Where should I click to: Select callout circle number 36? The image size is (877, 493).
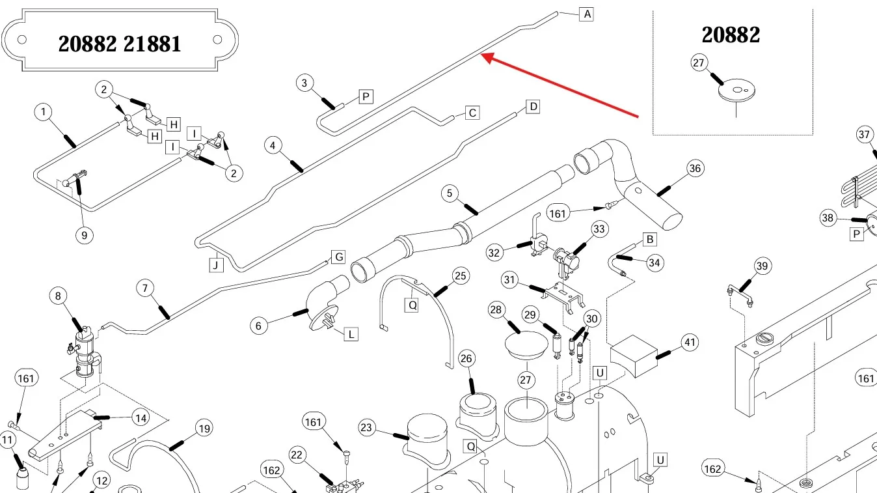click(695, 168)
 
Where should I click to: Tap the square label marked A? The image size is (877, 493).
click(587, 14)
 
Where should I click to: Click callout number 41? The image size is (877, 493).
click(689, 343)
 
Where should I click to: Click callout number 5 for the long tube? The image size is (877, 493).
click(450, 193)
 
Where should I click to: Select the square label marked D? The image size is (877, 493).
click(533, 106)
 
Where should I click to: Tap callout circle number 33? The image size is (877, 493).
click(599, 229)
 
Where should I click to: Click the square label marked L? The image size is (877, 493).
click(351, 334)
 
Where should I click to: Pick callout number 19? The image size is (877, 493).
click(204, 429)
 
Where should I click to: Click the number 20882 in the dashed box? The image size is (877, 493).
click(731, 35)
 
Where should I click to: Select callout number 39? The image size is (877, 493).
click(762, 266)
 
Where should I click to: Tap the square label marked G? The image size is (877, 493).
click(338, 257)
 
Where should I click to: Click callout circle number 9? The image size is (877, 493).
click(84, 235)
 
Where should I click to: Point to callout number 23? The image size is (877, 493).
click(367, 428)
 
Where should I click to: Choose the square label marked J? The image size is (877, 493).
click(215, 264)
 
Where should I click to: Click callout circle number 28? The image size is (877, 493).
click(496, 310)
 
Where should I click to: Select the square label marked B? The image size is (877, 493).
click(649, 239)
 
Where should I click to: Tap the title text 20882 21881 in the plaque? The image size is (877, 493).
click(120, 44)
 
